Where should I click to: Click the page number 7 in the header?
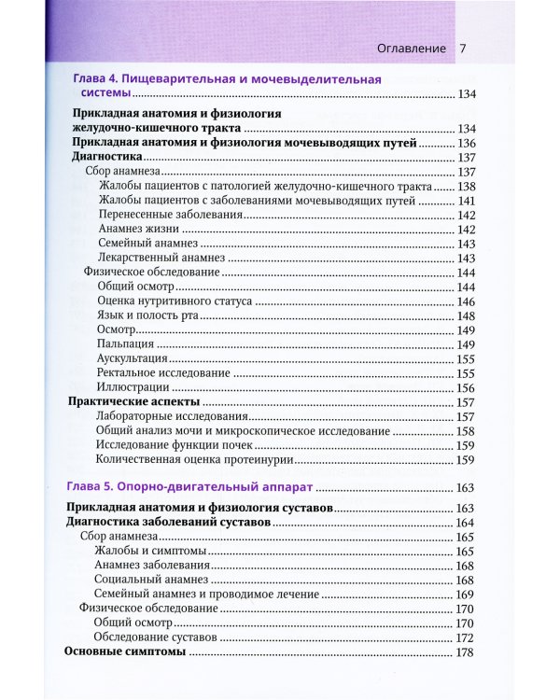click(463, 49)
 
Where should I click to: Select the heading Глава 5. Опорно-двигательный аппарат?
click(192, 486)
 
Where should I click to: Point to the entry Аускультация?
click(132, 358)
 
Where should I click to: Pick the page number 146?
click(467, 301)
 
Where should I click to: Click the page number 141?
click(467, 201)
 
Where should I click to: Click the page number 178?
click(467, 652)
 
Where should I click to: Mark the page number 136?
click(467, 144)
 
